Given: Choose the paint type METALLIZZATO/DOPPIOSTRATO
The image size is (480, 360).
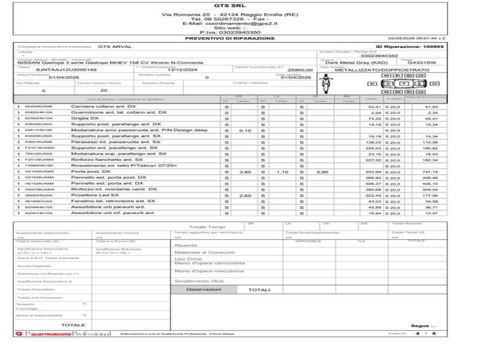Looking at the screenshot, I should pos(373,70).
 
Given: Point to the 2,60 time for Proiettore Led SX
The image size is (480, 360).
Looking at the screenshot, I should pos(245,195).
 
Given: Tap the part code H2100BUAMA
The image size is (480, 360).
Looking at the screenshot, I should pos(38,172).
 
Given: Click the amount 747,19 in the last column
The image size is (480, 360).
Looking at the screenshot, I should pos(431,172).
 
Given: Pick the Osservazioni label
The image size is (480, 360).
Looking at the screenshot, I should pos(203,289).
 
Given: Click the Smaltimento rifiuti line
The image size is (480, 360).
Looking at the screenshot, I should pos(199,281).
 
